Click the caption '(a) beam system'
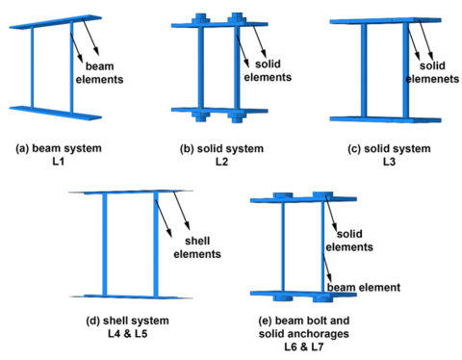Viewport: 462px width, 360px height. pos(59,148)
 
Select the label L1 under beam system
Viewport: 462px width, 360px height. pos(58,162)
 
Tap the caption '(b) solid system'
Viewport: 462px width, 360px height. pos(221,149)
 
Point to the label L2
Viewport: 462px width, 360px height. pos(221,162)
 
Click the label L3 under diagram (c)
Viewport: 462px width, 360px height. pos(389,162)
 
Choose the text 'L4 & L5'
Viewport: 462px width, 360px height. pos(128,334)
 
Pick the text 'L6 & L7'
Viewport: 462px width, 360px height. pos(303,347)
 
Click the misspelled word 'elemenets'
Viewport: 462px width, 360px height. pos(432,79)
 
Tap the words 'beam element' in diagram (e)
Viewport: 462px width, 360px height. pos(364,287)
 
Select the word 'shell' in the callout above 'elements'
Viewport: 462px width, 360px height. pos(197,241)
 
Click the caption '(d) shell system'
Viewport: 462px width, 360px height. pos(127,321)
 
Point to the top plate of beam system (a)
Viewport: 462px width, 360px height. pos(55,22)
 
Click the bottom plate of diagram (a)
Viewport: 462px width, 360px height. pos(55,113)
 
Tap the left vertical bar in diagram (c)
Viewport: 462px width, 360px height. pos(364,70)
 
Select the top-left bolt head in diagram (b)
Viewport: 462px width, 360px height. pos(200,19)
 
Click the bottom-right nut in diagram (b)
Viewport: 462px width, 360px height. pos(237,117)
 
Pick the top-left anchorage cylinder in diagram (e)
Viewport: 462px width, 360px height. pos(283,195)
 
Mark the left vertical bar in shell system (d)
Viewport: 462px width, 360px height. pos(105,244)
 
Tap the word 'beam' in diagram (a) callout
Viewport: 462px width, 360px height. pos(99,66)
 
